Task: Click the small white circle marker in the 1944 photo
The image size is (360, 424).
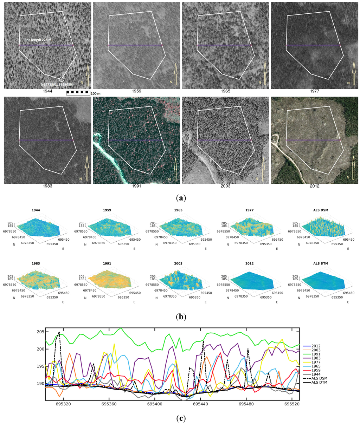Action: pos(62,79)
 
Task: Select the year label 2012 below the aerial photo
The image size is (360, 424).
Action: pos(315,186)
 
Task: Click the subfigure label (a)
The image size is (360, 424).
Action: pos(180,198)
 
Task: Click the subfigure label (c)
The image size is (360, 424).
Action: pos(180,418)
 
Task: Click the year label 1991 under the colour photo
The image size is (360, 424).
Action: pos(136,186)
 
